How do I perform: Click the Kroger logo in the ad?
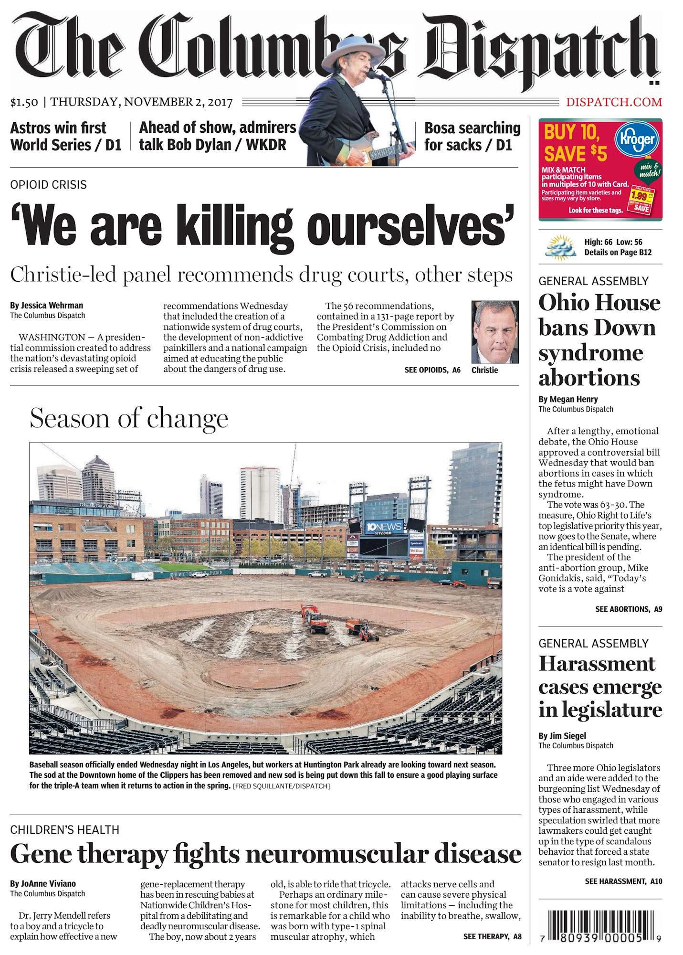[637, 139]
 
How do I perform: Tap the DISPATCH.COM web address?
[614, 102]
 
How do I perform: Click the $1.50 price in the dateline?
[24, 102]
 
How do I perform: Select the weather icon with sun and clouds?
[561, 247]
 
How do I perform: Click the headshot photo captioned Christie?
[495, 332]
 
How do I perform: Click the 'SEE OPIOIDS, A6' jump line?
[432, 370]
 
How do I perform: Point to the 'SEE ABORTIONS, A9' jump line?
[629, 609]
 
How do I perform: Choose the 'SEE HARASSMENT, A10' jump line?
[623, 881]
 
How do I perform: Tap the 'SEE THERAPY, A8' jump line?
[492, 936]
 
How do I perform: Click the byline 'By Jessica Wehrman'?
[47, 306]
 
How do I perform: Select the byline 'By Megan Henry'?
[568, 399]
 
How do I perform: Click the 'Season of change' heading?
[129, 418]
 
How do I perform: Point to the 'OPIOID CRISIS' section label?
[49, 185]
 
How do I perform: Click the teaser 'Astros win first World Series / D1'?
[66, 137]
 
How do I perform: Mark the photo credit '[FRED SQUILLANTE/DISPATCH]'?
[281, 786]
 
